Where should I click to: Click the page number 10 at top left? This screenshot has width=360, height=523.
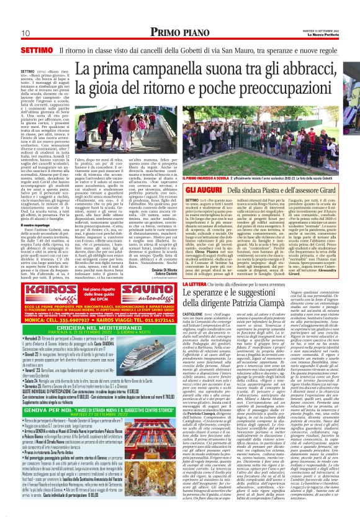click(27, 32)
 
